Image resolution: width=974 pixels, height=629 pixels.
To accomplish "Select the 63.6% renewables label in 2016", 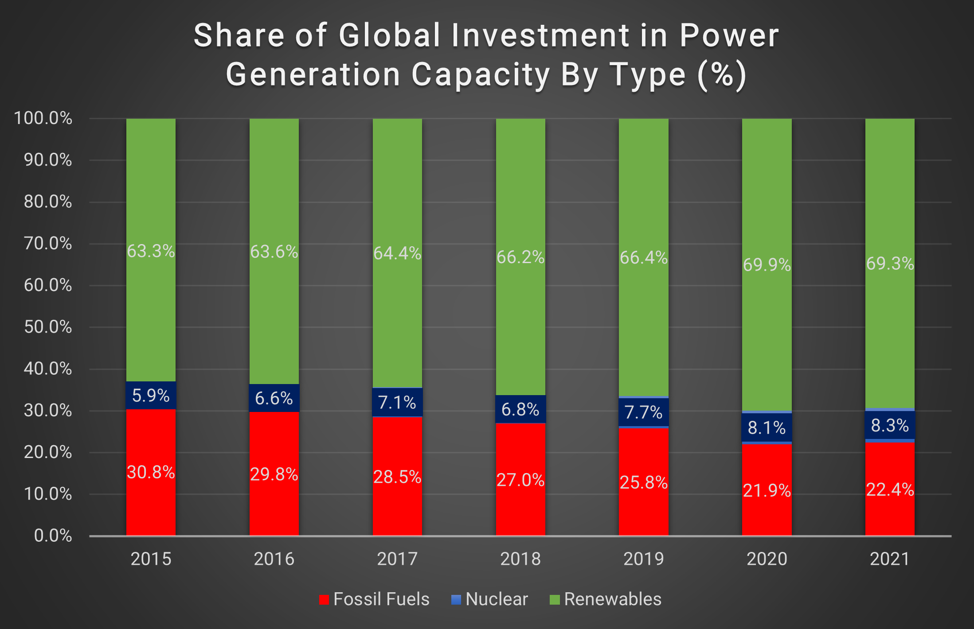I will [x=274, y=252].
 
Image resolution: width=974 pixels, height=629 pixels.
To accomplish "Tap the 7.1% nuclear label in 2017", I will [x=397, y=403].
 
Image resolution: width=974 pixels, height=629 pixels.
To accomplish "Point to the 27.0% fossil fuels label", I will [x=520, y=480].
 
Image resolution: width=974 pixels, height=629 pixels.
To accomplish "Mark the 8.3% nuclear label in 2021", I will [x=890, y=426].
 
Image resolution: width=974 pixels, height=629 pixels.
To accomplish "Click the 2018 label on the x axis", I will [x=520, y=559].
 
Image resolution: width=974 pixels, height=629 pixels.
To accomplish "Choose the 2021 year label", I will [x=890, y=559].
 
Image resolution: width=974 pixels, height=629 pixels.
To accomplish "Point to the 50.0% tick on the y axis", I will [x=48, y=327].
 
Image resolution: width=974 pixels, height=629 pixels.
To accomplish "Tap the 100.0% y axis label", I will [x=43, y=118].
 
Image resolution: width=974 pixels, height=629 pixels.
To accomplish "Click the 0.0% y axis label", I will [x=53, y=536].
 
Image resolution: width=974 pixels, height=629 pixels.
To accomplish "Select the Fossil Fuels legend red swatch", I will [x=324, y=600].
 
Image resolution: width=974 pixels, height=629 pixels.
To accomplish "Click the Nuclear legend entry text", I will [x=497, y=599].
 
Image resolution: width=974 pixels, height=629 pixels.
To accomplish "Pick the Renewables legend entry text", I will [x=613, y=599].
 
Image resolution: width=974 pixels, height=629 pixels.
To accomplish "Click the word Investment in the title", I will [x=540, y=35].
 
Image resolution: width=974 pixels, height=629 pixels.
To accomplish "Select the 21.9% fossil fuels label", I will [x=767, y=491].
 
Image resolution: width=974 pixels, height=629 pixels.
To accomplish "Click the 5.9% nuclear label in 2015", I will [x=151, y=396].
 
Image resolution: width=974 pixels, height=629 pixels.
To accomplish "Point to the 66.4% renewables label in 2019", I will [x=644, y=258].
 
